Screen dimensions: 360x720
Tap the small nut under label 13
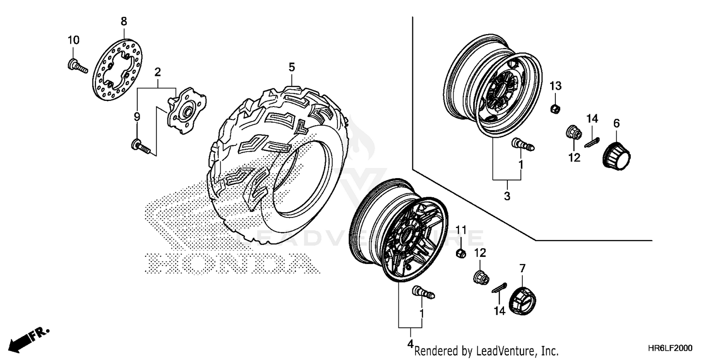point(553,108)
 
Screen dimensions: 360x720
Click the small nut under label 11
point(459,253)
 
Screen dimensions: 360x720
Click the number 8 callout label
point(123,21)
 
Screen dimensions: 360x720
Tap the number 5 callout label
point(291,67)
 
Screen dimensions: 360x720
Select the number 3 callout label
point(507,195)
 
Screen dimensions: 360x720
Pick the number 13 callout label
point(555,86)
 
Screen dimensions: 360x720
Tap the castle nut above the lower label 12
point(480,277)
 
